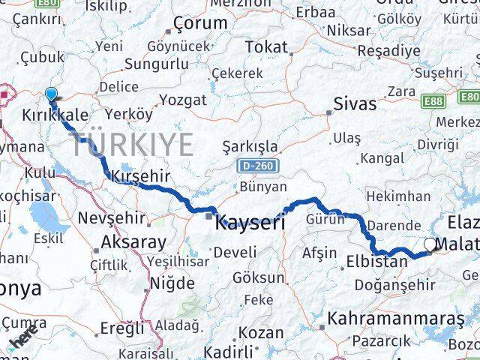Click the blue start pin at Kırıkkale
[x=51, y=94]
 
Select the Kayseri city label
[x=250, y=223]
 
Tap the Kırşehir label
[x=141, y=175]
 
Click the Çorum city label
[x=200, y=23]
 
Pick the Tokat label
[x=266, y=47]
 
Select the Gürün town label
[x=325, y=219]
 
